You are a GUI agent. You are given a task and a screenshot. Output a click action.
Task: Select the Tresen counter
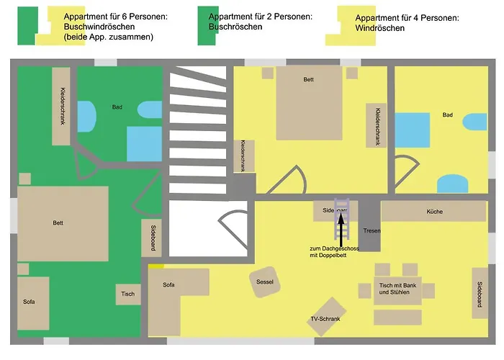[x=371, y=230]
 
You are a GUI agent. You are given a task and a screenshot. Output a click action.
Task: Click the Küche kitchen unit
[x=433, y=212]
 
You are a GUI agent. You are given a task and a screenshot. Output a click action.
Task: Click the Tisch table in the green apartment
[x=128, y=294]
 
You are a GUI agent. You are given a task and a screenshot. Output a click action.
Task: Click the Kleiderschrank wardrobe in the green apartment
[x=60, y=107]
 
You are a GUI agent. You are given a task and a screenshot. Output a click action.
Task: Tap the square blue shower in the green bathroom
[x=144, y=143]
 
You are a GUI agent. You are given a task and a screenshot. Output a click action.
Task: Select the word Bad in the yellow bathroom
[x=448, y=115]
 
